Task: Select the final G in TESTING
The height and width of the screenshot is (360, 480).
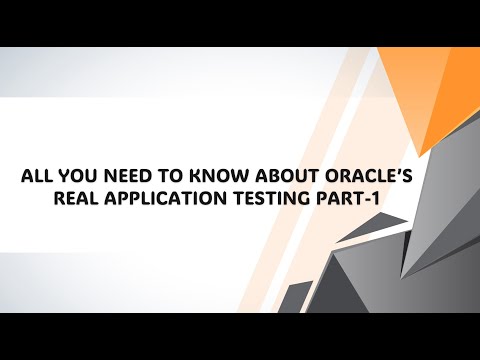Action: tap(313, 198)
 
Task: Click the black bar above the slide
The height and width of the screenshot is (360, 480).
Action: tap(240, 22)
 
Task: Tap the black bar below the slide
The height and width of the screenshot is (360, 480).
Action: tap(240, 337)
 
